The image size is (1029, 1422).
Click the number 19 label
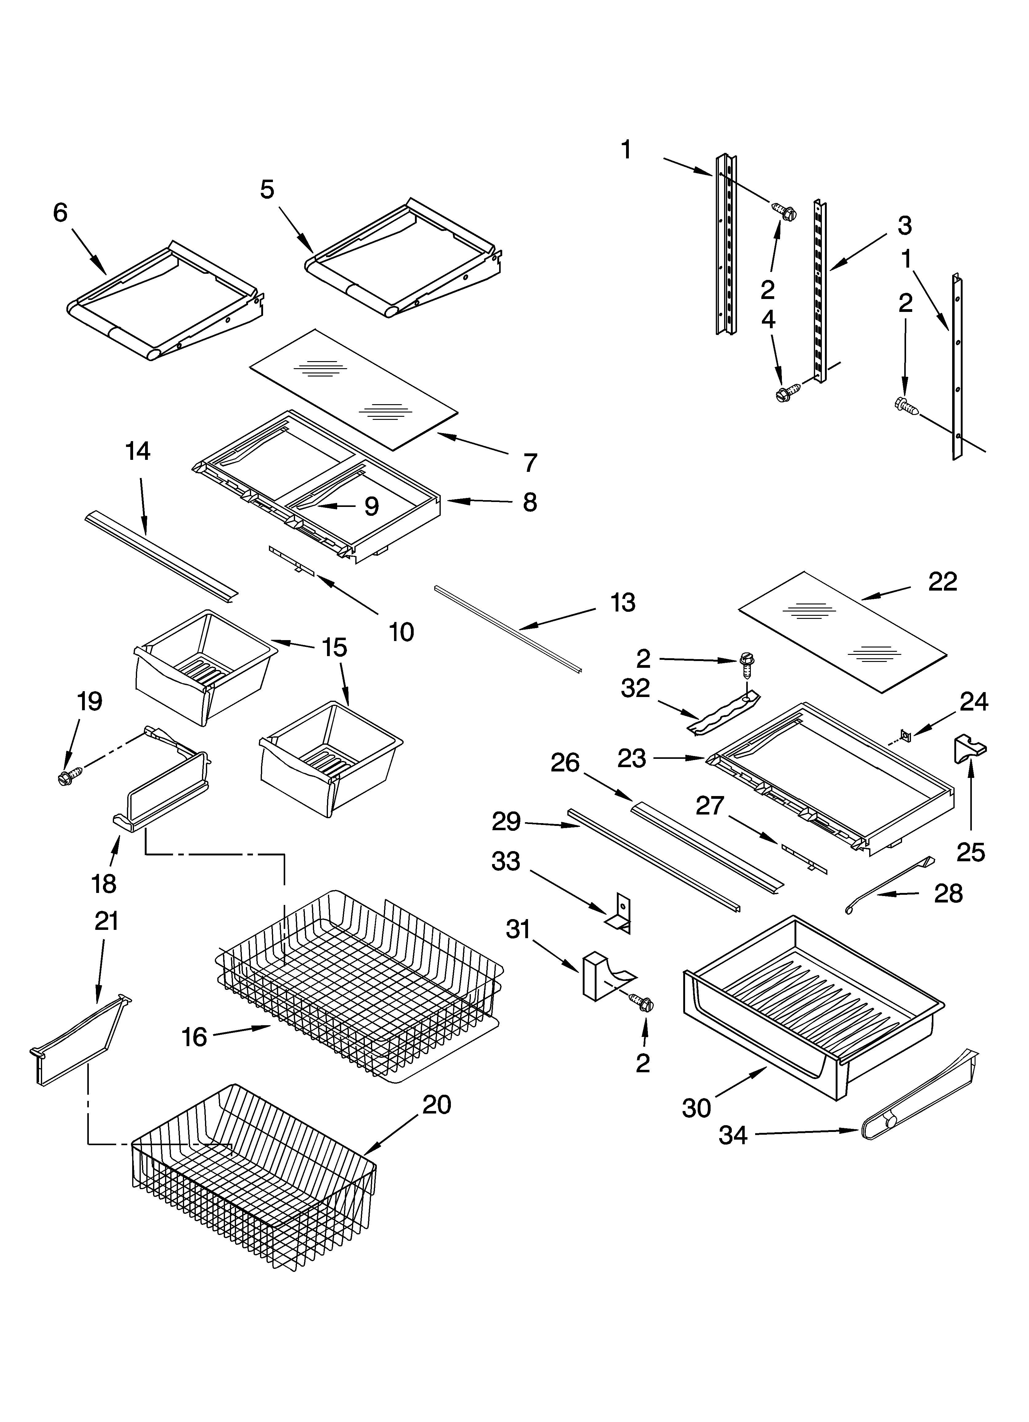(90, 702)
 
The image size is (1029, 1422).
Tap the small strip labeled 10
(291, 560)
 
